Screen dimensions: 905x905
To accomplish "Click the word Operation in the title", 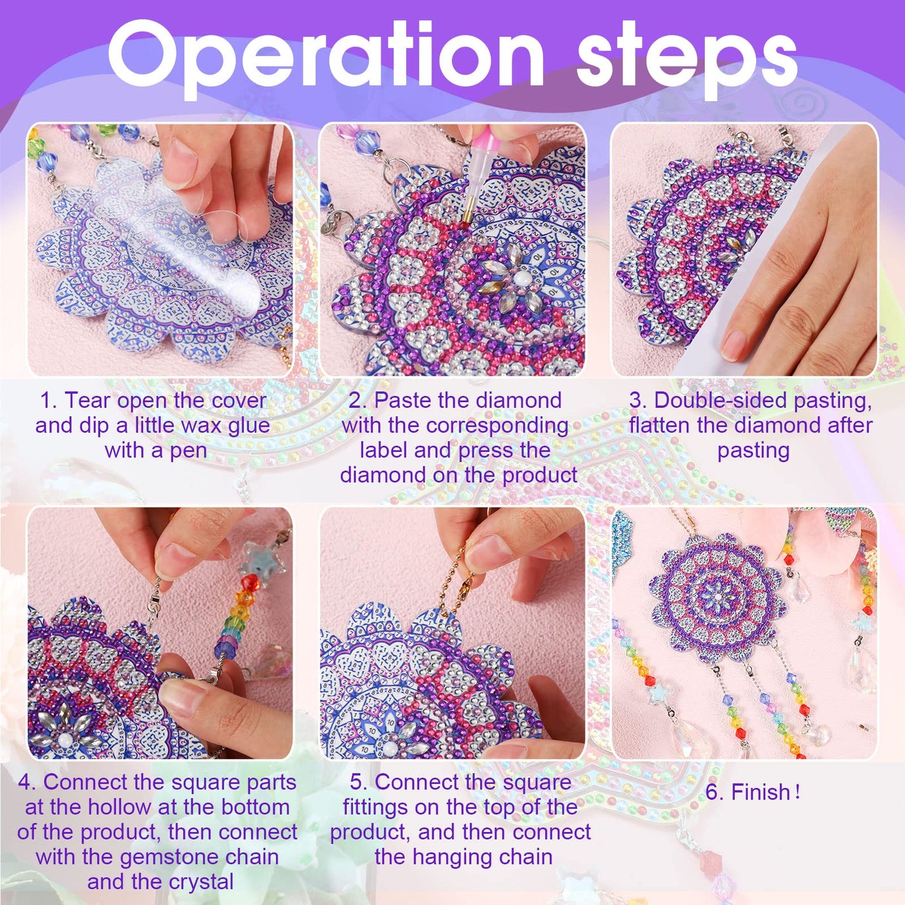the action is (326, 56).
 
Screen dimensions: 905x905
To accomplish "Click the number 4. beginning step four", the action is (28, 782).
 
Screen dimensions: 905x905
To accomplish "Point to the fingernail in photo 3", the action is (734, 345).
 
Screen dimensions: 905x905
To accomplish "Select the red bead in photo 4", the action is (250, 583).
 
